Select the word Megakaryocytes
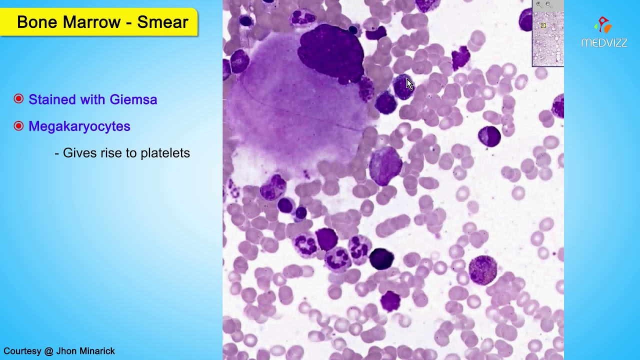[x=79, y=126]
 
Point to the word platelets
[x=165, y=153]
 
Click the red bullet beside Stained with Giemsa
[x=18, y=99]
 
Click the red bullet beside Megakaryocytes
[x=18, y=126]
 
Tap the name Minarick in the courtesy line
[x=94, y=351]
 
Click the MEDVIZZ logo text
[x=604, y=43]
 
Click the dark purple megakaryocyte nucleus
[x=331, y=52]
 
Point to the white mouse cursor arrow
[x=409, y=84]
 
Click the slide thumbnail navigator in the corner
[x=548, y=37]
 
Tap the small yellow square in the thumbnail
[x=543, y=25]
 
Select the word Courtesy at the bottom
[x=22, y=351]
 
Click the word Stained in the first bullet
[x=48, y=99]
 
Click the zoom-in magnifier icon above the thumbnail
[x=539, y=4]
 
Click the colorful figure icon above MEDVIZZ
[x=603, y=25]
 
